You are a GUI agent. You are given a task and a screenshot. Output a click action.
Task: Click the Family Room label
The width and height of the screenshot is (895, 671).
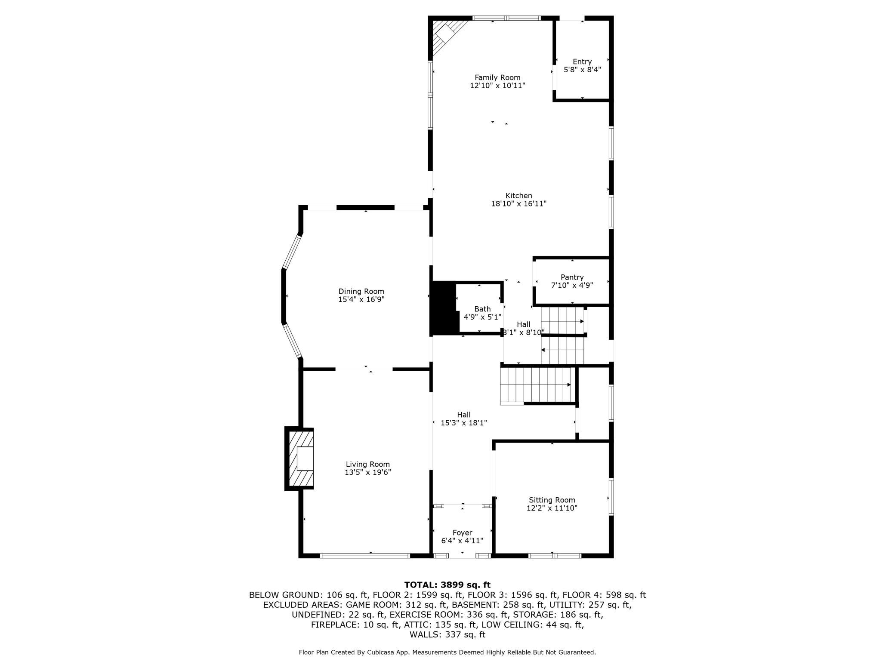point(497,77)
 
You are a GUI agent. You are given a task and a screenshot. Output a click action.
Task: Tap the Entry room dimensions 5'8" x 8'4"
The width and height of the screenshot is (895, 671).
point(582,69)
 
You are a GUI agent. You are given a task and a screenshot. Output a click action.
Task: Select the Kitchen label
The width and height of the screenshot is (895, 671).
point(518,196)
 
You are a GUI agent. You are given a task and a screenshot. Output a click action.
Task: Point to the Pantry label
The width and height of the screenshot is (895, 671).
point(572,277)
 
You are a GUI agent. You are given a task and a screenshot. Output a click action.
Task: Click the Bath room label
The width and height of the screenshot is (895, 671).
point(482,309)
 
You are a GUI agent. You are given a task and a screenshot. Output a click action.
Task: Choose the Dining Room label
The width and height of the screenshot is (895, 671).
point(361,292)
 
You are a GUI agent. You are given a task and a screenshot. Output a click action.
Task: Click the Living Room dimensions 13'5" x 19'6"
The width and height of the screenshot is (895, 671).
point(367,472)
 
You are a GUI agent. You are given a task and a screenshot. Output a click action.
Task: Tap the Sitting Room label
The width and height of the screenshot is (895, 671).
point(552,500)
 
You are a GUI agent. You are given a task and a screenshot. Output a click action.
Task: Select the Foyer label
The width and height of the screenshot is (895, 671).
point(462,533)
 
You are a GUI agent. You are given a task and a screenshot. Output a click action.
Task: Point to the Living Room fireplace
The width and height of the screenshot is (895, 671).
point(300,459)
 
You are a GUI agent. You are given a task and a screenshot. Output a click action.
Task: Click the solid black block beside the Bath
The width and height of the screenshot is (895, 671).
point(444,308)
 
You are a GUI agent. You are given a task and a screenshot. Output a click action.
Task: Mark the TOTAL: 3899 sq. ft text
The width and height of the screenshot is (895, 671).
point(447,585)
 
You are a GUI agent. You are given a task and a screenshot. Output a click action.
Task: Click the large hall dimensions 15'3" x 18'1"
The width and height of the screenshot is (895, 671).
point(464,423)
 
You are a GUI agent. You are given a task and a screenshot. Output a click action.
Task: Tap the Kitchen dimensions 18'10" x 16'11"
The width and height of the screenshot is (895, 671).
point(518,204)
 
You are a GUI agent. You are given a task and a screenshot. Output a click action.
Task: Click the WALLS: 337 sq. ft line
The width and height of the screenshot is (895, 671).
point(447,634)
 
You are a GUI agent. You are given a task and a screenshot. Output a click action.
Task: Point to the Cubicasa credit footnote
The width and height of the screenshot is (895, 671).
point(447,653)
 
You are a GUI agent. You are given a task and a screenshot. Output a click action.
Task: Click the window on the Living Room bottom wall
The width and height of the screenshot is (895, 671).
point(365,556)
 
